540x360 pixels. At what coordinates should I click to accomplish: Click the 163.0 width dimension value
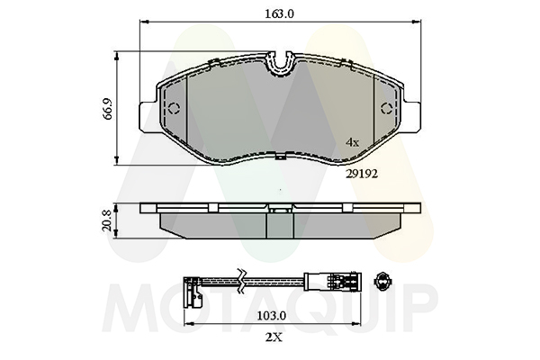pyautogui.click(x=279, y=14)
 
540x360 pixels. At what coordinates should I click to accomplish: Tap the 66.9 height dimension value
pyautogui.click(x=108, y=110)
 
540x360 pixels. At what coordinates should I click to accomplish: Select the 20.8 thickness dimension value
pyautogui.click(x=107, y=220)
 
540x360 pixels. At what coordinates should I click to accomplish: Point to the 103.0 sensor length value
pyautogui.click(x=272, y=316)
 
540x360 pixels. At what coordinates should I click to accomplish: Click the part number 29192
pyautogui.click(x=362, y=174)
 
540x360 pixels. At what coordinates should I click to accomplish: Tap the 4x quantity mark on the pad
pyautogui.click(x=352, y=142)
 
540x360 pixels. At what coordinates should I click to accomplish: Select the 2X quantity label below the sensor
pyautogui.click(x=274, y=337)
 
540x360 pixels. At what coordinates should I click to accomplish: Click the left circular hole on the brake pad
pyautogui.click(x=175, y=109)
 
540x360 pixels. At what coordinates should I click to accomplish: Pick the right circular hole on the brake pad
pyautogui.click(x=387, y=109)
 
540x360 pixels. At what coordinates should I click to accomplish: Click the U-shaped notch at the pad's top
pyautogui.click(x=281, y=65)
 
